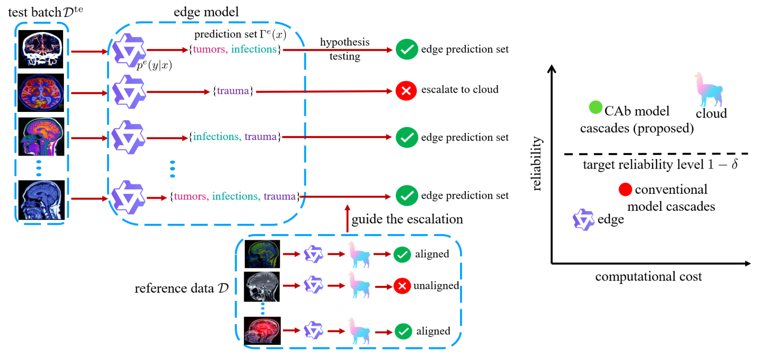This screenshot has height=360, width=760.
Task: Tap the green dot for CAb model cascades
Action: click(x=595, y=108)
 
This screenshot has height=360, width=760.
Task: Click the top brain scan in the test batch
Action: click(x=41, y=50)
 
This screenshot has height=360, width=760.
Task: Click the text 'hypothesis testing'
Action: click(x=344, y=49)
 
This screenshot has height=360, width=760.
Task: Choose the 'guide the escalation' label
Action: click(x=407, y=219)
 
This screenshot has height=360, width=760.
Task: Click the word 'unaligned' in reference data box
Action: click(x=436, y=286)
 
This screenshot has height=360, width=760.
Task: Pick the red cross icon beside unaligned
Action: click(x=401, y=286)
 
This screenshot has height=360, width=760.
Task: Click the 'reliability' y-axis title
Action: click(x=536, y=165)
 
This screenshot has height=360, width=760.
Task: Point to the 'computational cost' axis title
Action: click(x=649, y=277)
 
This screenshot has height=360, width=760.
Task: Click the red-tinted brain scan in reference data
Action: click(x=262, y=331)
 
